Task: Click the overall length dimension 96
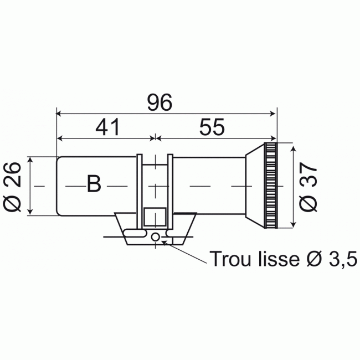click(160, 102)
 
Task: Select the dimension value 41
click(107, 127)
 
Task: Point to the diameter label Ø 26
click(12, 187)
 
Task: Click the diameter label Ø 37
click(308, 187)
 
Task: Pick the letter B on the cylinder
click(94, 184)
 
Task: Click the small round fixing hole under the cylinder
click(156, 237)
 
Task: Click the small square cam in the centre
click(155, 217)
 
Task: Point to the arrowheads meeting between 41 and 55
click(155, 138)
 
